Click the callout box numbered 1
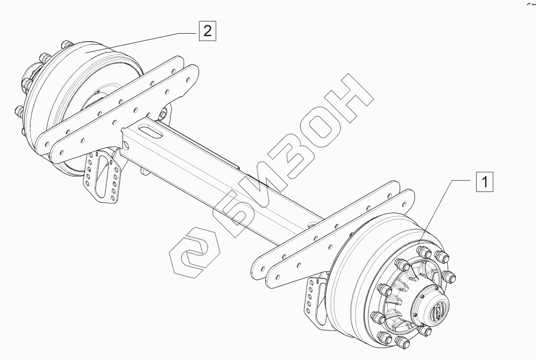(484, 182)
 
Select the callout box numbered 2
(206, 30)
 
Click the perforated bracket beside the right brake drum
(312, 301)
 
